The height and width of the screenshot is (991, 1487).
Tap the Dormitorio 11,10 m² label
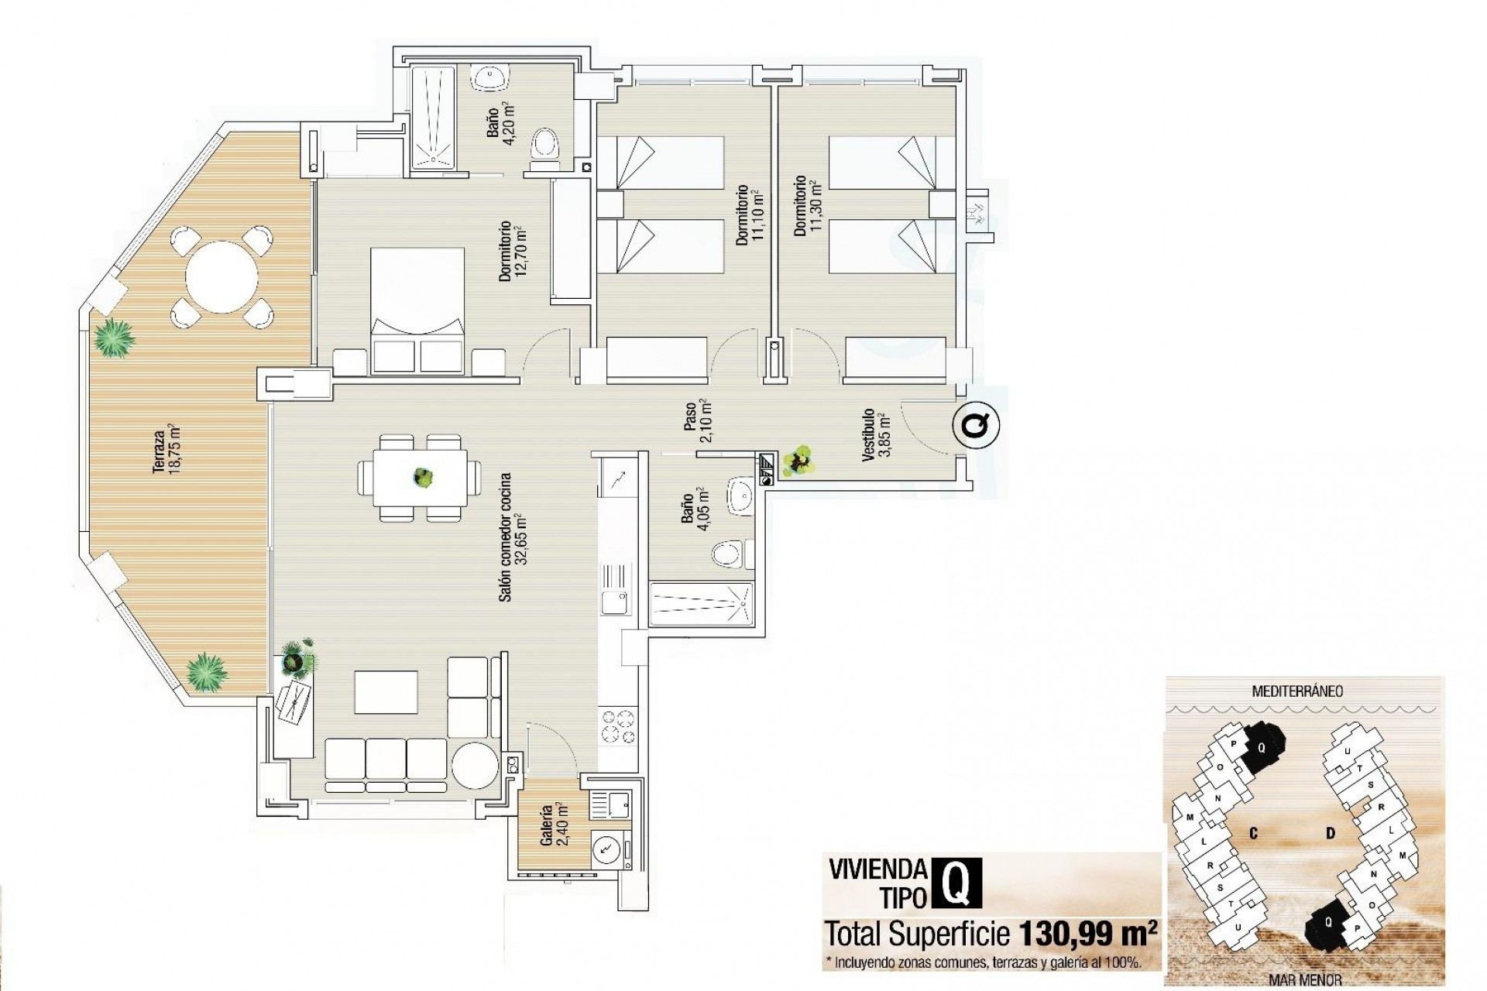tap(749, 215)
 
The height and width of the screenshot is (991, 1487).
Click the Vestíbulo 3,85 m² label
tap(876, 434)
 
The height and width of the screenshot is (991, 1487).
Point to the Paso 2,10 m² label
tap(696, 420)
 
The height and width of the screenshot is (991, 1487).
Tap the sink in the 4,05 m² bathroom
tap(740, 495)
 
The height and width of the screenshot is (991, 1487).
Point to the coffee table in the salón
tap(386, 691)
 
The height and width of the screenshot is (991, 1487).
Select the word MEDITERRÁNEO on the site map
tap(1297, 691)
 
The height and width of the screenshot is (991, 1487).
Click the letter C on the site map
tap(1252, 833)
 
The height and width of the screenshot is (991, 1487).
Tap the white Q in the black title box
tap(958, 883)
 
